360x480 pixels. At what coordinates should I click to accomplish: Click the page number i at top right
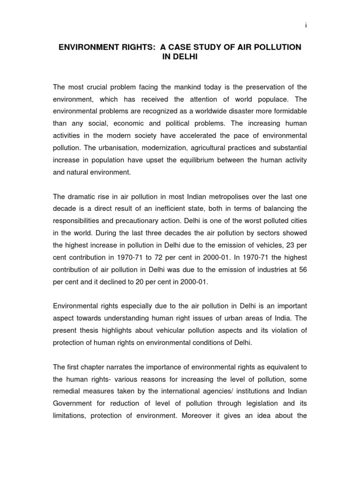306,26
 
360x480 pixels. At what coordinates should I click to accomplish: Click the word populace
267,100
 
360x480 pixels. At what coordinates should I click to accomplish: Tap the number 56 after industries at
302,270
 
